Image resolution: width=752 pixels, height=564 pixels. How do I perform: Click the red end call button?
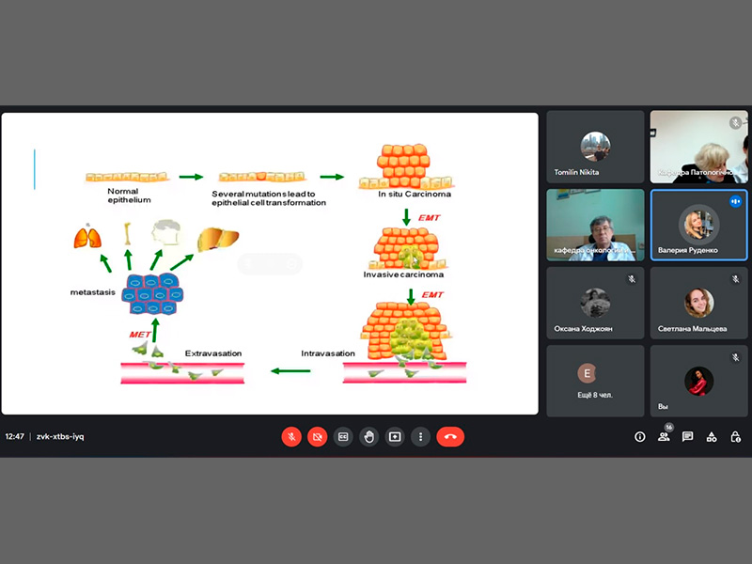coord(450,436)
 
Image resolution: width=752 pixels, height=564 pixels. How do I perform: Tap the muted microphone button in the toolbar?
coord(291,436)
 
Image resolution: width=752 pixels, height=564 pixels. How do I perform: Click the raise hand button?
coord(369,436)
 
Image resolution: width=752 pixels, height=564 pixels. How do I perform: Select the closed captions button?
coord(343,436)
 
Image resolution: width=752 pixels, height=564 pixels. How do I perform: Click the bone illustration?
coord(127,234)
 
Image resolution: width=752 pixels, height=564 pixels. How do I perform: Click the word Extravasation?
coord(213,353)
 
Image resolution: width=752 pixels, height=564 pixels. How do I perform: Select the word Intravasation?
coord(328,353)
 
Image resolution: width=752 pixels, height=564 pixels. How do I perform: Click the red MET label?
coord(139,334)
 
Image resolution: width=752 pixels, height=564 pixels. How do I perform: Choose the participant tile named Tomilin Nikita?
coord(595,146)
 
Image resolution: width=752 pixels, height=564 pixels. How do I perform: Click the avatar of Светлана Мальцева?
coord(698,303)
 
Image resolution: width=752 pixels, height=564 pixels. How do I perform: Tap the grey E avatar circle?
coord(587,372)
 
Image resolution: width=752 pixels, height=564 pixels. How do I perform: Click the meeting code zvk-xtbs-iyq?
coord(60,436)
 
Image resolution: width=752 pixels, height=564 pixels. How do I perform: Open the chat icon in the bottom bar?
coord(688,436)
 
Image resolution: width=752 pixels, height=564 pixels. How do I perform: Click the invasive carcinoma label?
coord(403,274)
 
